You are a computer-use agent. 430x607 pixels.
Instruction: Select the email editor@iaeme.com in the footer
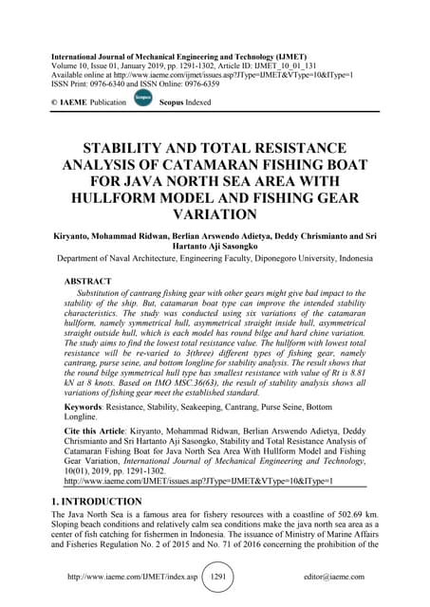point(339,576)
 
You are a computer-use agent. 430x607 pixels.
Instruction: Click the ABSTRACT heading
point(92,282)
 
